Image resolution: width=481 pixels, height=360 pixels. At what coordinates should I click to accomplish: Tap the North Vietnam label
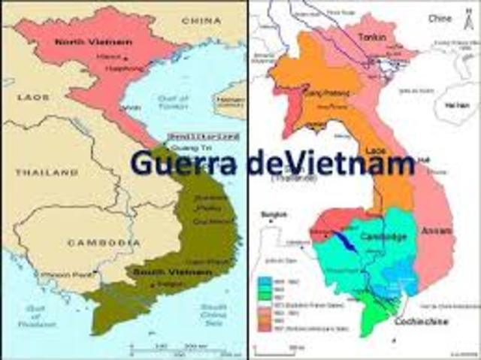92,42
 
